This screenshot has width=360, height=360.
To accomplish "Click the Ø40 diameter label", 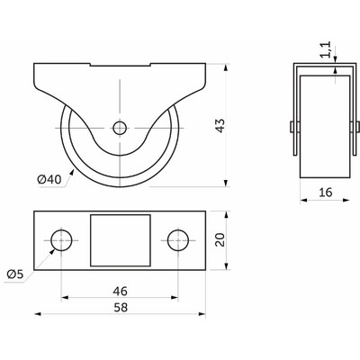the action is pos(49,180).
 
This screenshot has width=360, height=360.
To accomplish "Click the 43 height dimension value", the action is pos(220,126).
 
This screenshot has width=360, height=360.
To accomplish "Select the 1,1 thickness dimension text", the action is pos(327,49).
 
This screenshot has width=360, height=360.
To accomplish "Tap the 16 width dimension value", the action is pos(326,193).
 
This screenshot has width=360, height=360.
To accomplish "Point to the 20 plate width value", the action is pos(220,240).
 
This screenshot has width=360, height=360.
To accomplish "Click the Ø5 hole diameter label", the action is pos(15,274).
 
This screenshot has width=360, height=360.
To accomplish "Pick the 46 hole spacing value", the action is pos(120,291).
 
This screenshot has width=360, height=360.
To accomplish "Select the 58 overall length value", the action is pos(121,307).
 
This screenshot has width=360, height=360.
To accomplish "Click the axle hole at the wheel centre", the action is pos(120,129).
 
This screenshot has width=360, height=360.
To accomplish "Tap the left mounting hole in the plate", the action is pos(61,240).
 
